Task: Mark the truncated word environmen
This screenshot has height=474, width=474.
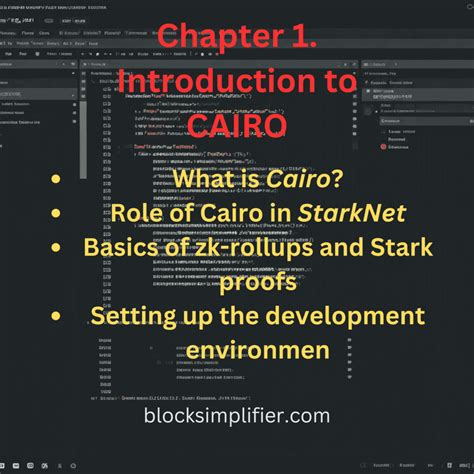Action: pos(236,352)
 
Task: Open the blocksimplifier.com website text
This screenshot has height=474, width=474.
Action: pos(236,415)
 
